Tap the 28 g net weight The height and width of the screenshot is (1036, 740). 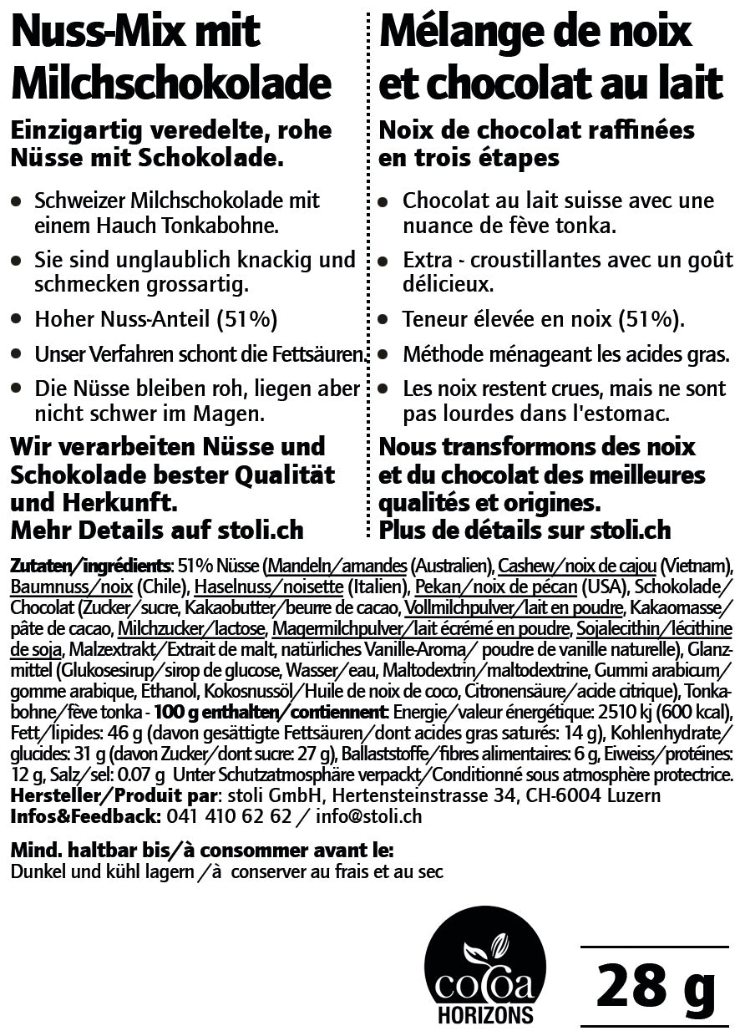click(x=655, y=986)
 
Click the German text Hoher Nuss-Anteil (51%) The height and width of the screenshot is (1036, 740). click(x=156, y=319)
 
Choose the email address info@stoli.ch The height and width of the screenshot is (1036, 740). click(x=369, y=816)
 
